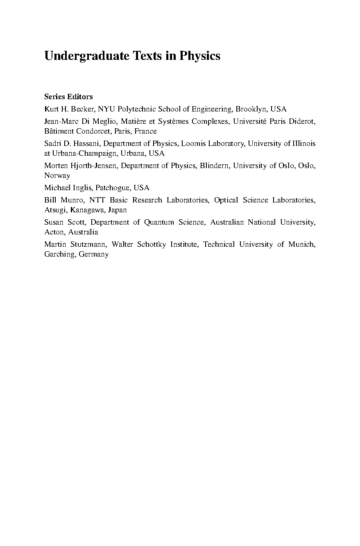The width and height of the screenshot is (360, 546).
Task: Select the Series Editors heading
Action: pyautogui.click(x=68, y=97)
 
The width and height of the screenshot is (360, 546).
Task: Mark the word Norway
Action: pyautogui.click(x=57, y=176)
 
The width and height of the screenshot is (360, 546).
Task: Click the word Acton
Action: pyautogui.click(x=54, y=232)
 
